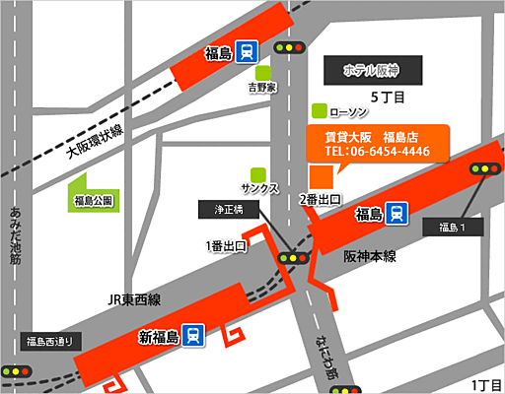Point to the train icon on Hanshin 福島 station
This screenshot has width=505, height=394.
coord(397,213)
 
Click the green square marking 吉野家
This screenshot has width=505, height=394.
coord(263,72)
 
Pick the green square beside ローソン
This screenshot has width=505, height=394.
coord(318,110)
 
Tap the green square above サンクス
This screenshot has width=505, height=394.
coord(258,173)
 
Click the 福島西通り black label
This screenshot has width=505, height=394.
coord(49,343)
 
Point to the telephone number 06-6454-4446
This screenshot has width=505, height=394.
coord(377,152)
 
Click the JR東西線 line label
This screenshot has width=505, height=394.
coord(135,299)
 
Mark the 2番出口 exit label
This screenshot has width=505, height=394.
coord(321,198)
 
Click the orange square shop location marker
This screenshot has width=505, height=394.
coord(321,177)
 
